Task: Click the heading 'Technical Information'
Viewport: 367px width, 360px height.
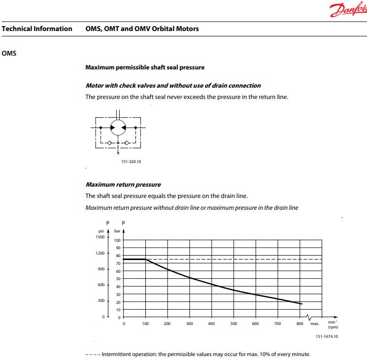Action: point(37,29)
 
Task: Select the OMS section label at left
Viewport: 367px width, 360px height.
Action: point(9,53)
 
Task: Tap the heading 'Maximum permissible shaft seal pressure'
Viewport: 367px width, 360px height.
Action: point(145,67)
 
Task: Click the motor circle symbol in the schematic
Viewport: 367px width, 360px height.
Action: point(118,127)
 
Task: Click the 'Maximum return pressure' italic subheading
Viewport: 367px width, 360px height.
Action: point(123,185)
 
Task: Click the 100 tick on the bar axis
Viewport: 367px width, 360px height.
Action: point(117,240)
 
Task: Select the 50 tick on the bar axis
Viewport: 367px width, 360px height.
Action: point(118,279)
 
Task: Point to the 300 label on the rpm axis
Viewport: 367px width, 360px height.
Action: point(189,324)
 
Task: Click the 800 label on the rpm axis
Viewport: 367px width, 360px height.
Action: point(300,324)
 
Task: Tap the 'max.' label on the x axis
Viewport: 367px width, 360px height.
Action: point(315,324)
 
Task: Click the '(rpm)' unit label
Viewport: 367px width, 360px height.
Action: point(333,327)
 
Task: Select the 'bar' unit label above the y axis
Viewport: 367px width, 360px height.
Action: point(117,230)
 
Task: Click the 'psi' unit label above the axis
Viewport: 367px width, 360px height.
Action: point(100,230)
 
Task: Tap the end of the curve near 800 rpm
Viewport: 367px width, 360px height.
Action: point(301,304)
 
